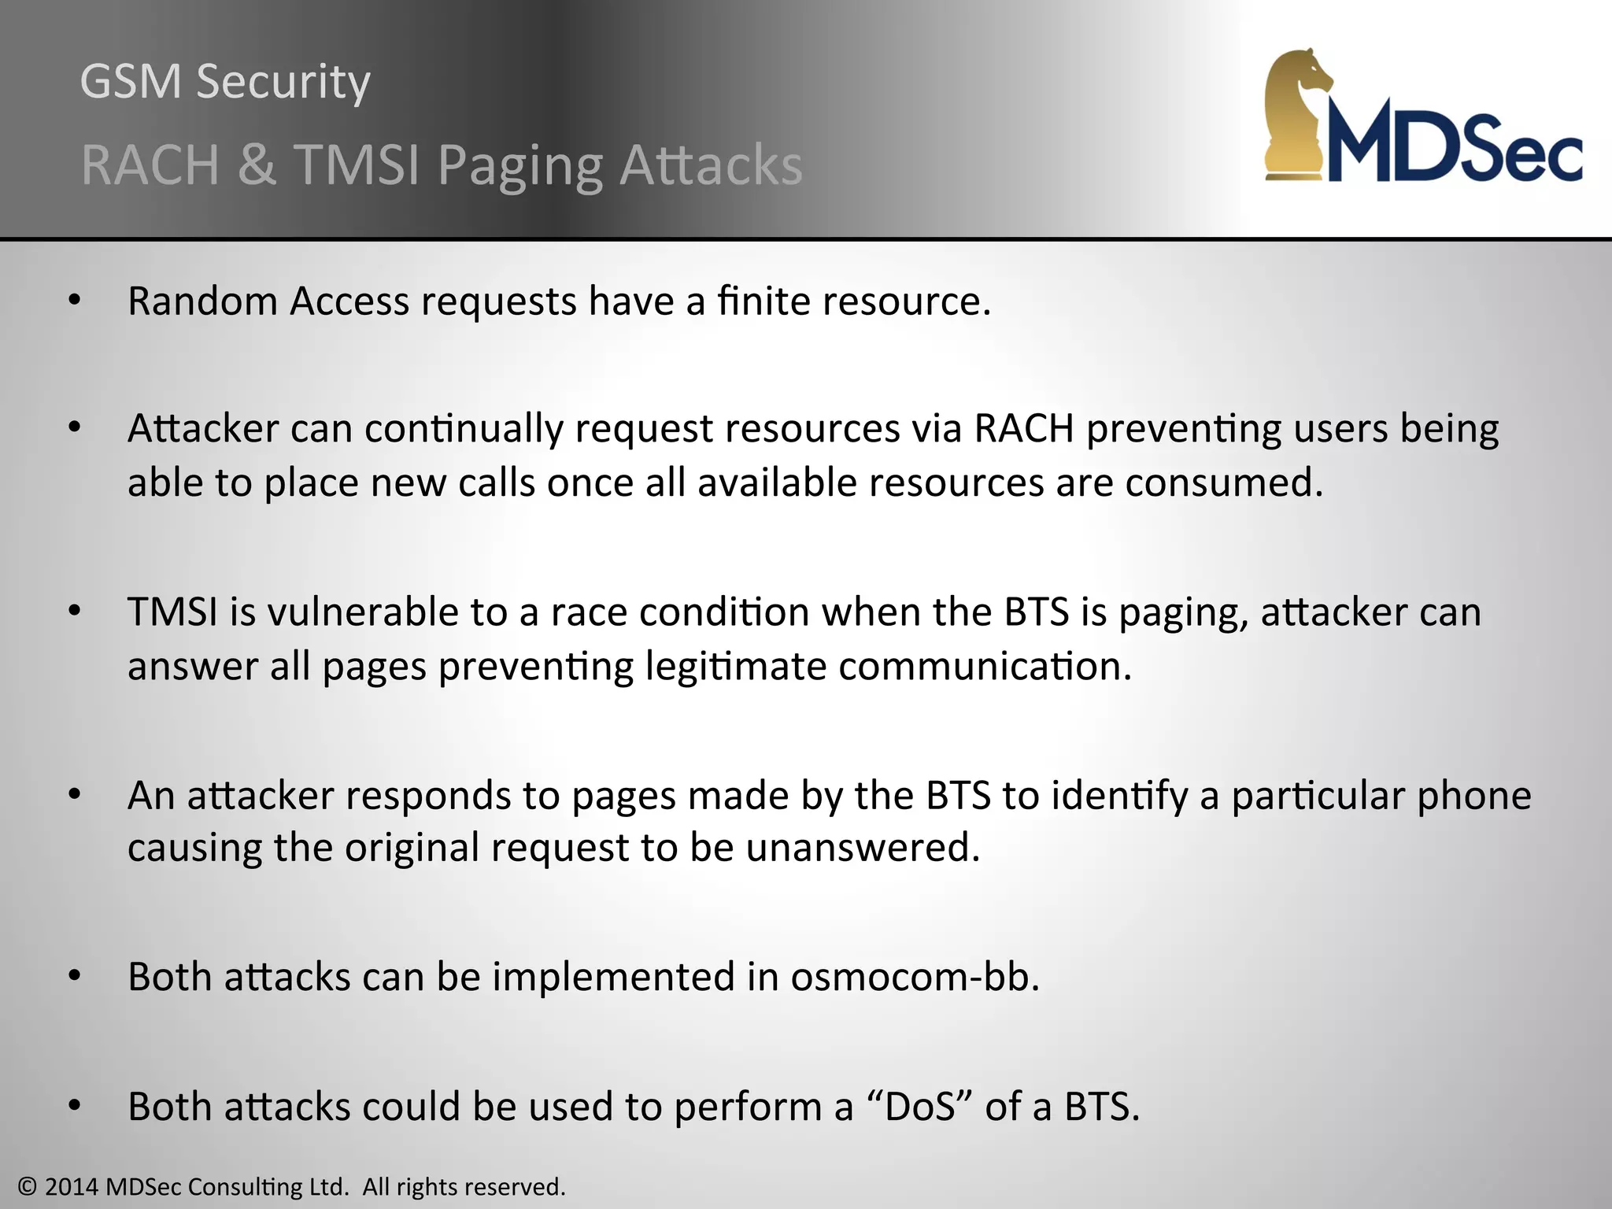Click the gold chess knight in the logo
(x=1299, y=114)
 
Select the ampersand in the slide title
(x=257, y=165)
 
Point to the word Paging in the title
(x=519, y=167)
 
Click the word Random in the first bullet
(x=202, y=301)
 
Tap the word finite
(x=763, y=301)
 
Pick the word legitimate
(x=735, y=667)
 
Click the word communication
(x=985, y=667)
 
